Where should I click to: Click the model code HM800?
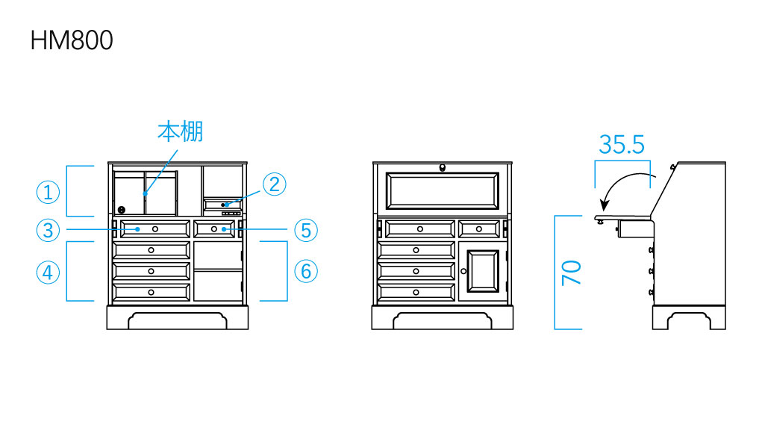tap(72, 40)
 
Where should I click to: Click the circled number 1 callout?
tap(49, 193)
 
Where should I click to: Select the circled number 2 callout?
tap(274, 184)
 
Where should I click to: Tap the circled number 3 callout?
tap(49, 229)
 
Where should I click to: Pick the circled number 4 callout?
tap(49, 273)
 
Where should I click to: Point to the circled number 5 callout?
tap(306, 229)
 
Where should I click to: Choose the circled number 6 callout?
tap(306, 271)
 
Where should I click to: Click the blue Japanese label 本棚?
tap(180, 132)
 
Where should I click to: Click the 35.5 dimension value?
tap(621, 144)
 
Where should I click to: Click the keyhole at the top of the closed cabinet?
tap(443, 167)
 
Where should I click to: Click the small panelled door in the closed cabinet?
tap(483, 272)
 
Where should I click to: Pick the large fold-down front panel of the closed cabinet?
tap(443, 191)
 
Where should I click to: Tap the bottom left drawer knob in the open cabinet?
tap(152, 291)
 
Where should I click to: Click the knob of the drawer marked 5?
tap(214, 228)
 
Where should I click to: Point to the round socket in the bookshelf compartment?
tap(121, 210)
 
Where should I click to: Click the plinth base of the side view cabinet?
tap(689, 318)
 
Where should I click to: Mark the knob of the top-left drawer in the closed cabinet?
tap(419, 228)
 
